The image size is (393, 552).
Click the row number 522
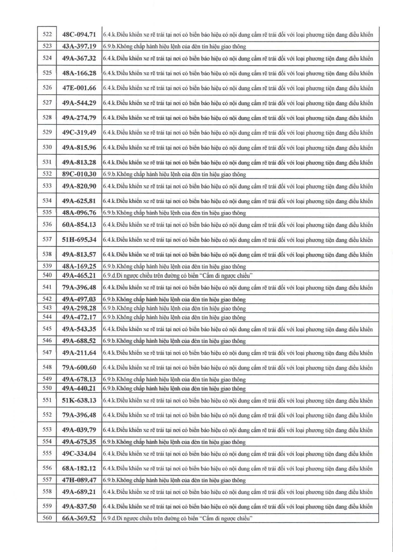click(x=47, y=34)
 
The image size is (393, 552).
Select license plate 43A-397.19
click(x=79, y=46)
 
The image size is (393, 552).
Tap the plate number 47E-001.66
click(x=79, y=88)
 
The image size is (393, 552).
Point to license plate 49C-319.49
click(x=79, y=133)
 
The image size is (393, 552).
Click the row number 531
click(x=47, y=162)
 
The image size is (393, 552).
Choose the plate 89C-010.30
click(x=79, y=174)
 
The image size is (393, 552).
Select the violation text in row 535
click(x=174, y=213)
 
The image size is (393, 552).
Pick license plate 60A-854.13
click(x=79, y=225)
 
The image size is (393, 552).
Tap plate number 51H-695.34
click(x=79, y=240)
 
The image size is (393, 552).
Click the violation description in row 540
click(x=178, y=275)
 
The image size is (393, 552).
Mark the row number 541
click(x=47, y=287)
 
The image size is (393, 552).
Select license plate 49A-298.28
click(x=79, y=308)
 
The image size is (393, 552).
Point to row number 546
click(x=47, y=341)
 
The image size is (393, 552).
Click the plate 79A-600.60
click(x=79, y=367)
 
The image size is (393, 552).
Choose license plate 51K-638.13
click(x=79, y=400)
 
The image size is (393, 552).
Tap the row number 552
click(x=47, y=415)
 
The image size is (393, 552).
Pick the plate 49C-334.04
click(x=79, y=453)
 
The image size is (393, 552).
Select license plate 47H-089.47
click(x=79, y=480)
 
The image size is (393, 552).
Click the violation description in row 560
click(x=178, y=518)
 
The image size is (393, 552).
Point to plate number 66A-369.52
click(x=79, y=518)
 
